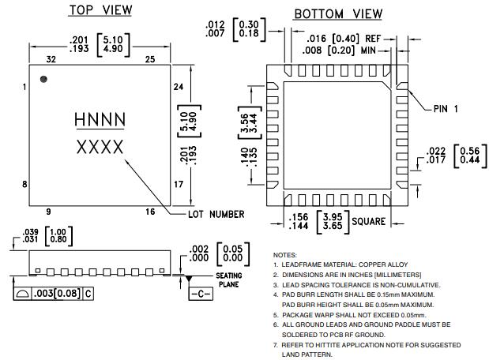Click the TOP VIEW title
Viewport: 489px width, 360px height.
[x=100, y=10]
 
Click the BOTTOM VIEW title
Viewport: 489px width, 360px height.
[x=338, y=14]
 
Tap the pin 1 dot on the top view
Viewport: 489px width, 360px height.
[x=44, y=78]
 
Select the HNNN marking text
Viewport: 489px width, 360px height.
[x=100, y=119]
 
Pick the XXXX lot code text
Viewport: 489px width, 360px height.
[x=100, y=147]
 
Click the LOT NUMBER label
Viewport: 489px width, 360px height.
[x=216, y=214]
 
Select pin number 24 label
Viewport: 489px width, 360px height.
[x=179, y=87]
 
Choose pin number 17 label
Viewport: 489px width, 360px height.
[x=179, y=184]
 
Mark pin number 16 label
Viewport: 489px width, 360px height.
[x=150, y=212]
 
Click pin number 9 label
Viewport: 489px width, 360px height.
[x=48, y=212]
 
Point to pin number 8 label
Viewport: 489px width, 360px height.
[x=25, y=184]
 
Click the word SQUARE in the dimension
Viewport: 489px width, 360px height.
[x=368, y=222]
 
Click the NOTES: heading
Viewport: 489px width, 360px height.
[x=285, y=256]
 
